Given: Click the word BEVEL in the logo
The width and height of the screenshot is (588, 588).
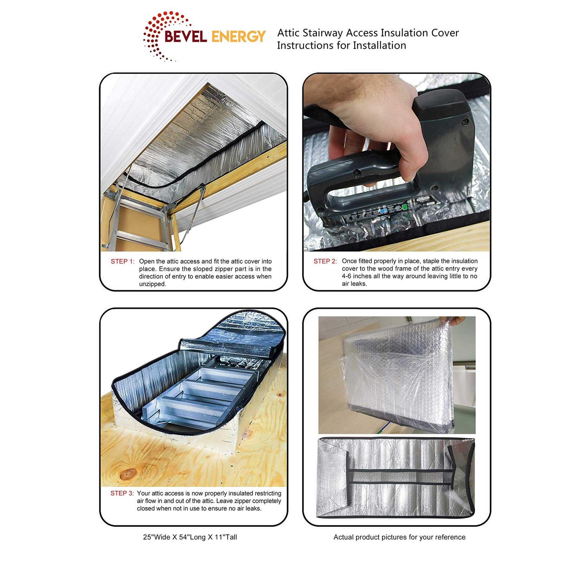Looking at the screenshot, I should tap(186, 36).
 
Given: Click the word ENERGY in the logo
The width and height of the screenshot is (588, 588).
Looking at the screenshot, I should tap(238, 36).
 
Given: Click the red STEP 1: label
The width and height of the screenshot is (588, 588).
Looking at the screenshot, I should tap(122, 261).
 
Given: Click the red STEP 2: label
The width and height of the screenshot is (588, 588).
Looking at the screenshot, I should tap(325, 261).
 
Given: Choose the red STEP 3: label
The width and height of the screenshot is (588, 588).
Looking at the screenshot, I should tap(122, 494).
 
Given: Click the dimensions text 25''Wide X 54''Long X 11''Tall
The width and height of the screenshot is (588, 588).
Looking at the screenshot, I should tap(190, 537).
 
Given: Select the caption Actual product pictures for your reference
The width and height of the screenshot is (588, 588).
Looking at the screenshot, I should tap(399, 537).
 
